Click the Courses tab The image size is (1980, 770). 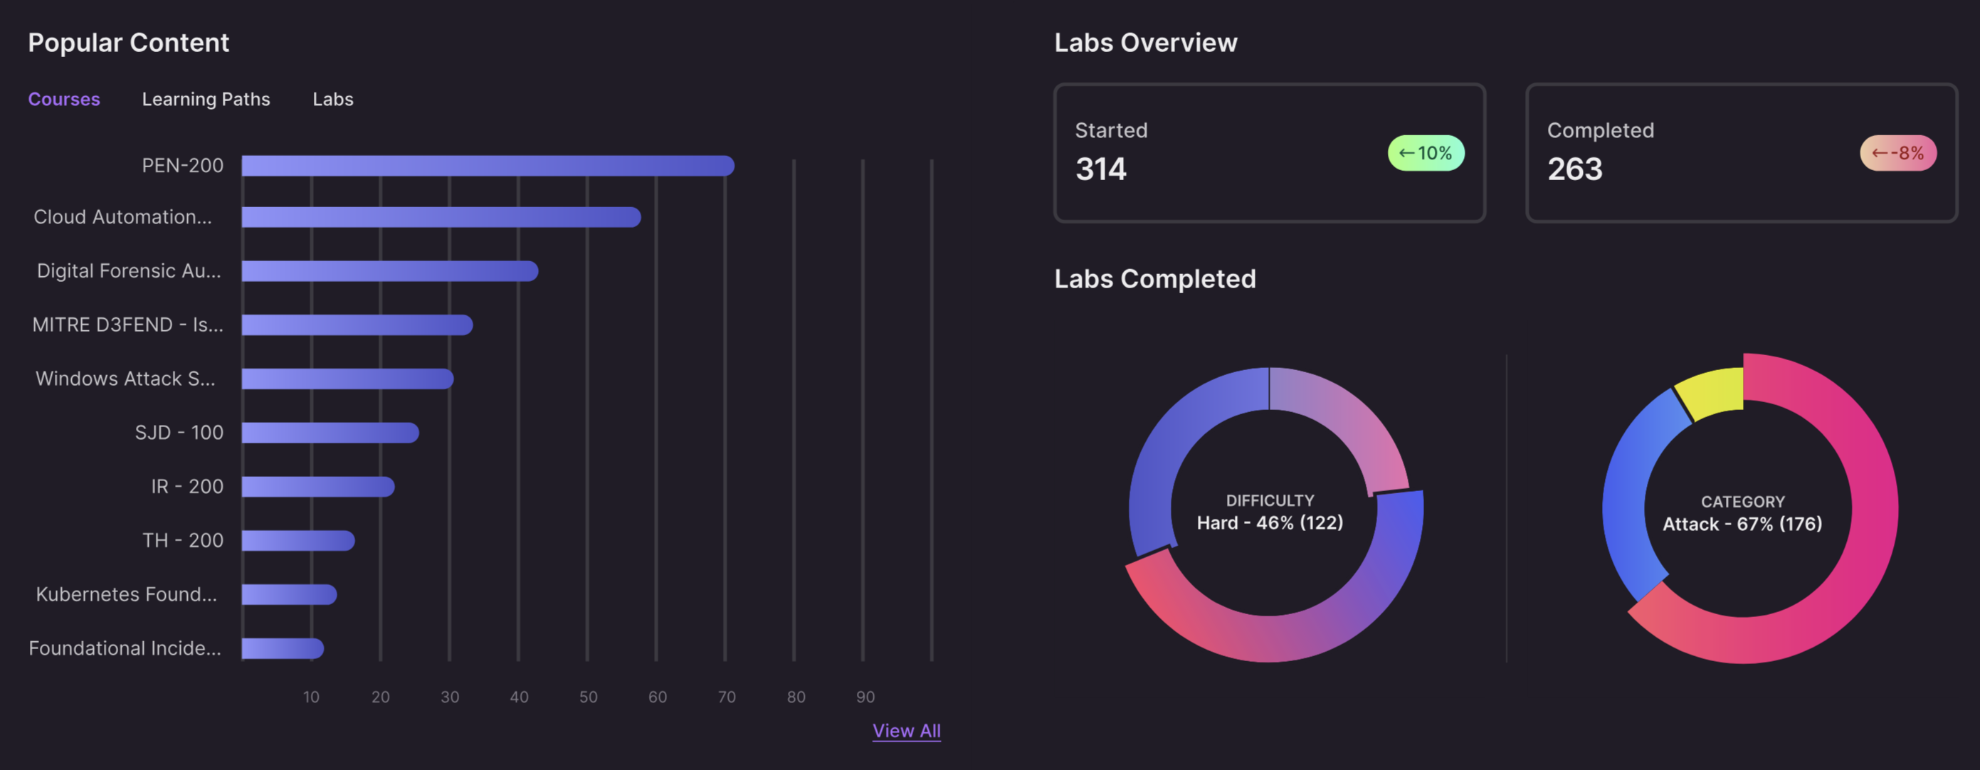click(64, 99)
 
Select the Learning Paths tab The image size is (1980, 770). click(206, 99)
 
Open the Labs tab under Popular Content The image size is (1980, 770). click(333, 99)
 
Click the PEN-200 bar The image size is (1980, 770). click(488, 166)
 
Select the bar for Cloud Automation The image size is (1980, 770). click(441, 218)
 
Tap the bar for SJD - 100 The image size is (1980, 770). click(330, 433)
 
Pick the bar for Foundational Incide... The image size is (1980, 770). click(282, 648)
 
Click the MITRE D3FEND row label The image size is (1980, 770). click(127, 325)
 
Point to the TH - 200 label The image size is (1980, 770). click(183, 540)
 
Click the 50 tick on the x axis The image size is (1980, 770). click(588, 697)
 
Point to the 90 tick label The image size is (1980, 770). click(865, 697)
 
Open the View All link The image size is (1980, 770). click(906, 731)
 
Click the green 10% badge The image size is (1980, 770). click(1426, 153)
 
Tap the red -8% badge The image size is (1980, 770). click(1897, 153)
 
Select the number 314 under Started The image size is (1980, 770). click(1101, 169)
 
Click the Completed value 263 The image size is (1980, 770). click(1575, 169)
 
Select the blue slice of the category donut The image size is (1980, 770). click(1633, 492)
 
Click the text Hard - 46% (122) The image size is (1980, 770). click(1270, 522)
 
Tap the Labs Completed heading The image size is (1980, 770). click(1154, 279)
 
